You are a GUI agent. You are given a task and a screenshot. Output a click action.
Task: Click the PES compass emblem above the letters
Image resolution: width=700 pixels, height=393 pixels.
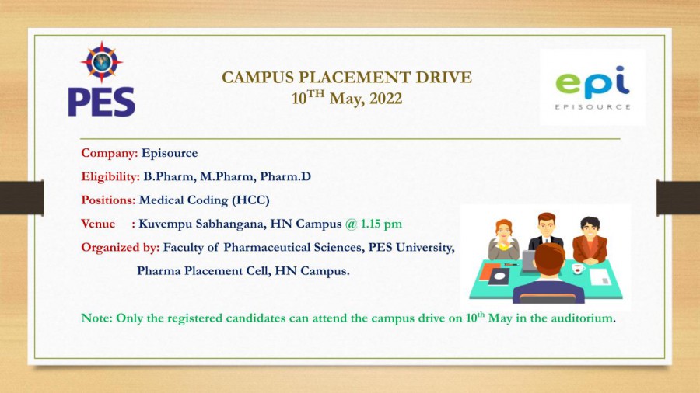coord(102,62)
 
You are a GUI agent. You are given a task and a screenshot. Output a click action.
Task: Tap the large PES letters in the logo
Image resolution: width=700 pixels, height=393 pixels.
coord(101,102)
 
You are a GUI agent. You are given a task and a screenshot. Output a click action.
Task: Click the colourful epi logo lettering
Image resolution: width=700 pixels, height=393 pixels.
coord(593,83)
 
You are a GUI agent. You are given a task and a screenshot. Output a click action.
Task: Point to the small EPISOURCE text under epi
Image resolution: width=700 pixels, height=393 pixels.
coord(593,107)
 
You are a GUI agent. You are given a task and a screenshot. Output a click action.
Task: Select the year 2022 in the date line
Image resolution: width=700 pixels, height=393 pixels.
coord(386,99)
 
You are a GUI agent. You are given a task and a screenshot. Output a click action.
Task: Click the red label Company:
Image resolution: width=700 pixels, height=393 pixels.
coord(110,153)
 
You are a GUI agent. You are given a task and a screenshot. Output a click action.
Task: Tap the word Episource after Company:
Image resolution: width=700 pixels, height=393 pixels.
coord(170,153)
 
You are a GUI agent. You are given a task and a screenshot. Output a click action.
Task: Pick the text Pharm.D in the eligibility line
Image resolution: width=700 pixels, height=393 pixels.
coord(285,176)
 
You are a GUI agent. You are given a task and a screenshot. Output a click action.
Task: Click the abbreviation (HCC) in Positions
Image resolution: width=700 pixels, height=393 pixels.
coord(251,200)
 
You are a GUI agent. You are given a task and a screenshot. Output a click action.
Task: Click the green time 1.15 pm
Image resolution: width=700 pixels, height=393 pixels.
coord(381,224)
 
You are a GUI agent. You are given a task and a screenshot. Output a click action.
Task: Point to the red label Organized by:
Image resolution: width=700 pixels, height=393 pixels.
coord(120,248)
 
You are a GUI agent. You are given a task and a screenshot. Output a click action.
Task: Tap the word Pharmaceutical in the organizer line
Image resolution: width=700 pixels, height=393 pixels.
coord(267,247)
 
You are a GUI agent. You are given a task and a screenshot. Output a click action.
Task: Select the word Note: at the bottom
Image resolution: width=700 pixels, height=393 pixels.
coord(97,318)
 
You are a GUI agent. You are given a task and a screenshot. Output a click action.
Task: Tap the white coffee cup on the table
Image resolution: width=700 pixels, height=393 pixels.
coord(578,269)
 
